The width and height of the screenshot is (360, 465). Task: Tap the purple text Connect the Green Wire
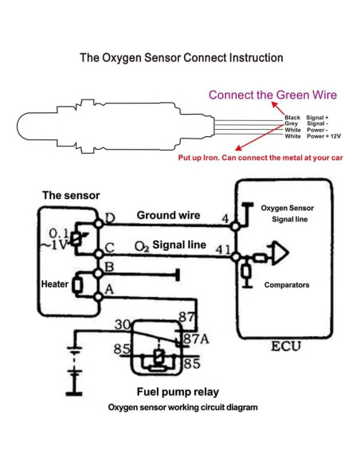pos(273,95)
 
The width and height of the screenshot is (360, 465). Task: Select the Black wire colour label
pos(292,117)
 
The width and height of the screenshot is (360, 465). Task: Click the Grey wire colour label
pos(292,123)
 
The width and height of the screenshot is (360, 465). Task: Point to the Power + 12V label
pos(323,136)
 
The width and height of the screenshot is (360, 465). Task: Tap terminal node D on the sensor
pos(99,223)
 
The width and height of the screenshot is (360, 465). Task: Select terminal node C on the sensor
pos(99,254)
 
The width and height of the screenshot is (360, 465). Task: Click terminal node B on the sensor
pos(98,273)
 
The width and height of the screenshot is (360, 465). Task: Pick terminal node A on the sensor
pos(98,296)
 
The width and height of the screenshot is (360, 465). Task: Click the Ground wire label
pos(168,215)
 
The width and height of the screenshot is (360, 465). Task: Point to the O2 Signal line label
pos(170,245)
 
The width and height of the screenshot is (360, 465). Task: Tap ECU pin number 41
pos(223,250)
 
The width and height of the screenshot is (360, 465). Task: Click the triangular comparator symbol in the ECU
pos(280,253)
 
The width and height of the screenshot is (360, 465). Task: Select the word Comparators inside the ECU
pos(287,285)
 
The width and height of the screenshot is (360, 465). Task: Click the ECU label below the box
pos(286,346)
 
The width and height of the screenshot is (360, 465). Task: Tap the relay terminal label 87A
pos(196,339)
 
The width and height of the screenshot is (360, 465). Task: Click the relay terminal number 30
pos(123,325)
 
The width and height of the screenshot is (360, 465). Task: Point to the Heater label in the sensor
pos(55,284)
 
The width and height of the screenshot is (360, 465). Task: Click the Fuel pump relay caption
pos(178,392)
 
